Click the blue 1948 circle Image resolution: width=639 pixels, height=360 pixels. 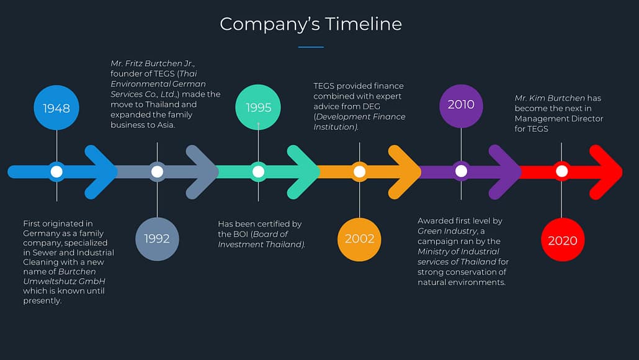tap(56, 108)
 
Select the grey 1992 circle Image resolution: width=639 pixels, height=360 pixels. tap(157, 238)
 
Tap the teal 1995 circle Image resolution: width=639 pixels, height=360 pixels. tap(258, 107)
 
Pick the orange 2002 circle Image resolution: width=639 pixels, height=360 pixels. tap(359, 239)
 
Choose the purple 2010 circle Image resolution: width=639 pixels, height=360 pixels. tap(461, 104)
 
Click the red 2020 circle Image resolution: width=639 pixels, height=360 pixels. tap(562, 240)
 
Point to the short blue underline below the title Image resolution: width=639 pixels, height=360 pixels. tap(311, 47)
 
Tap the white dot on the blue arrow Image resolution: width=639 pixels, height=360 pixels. tap(56, 171)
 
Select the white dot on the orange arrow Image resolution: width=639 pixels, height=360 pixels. tap(359, 171)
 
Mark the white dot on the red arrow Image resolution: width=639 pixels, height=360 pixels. tap(562, 171)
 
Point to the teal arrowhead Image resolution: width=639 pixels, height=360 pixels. tap(304, 171)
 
